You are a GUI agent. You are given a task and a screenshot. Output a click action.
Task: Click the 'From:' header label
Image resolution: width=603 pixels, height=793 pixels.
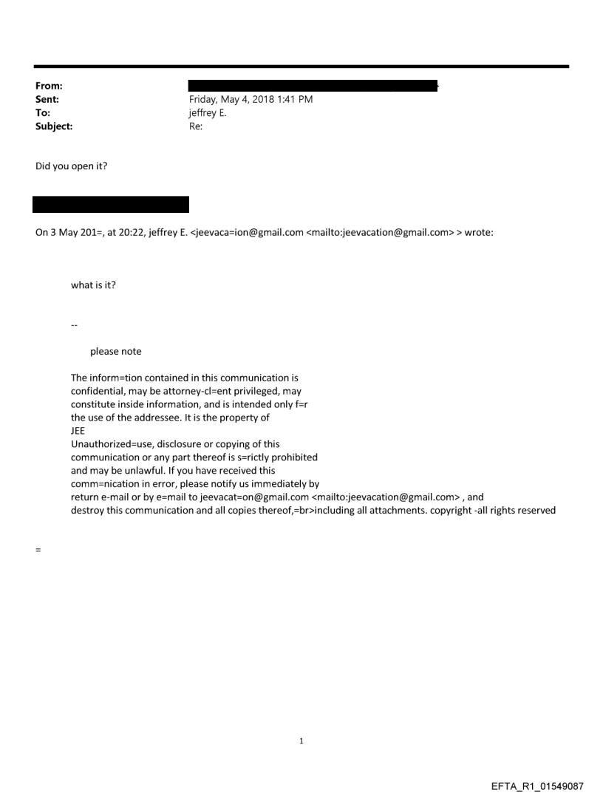tap(48, 86)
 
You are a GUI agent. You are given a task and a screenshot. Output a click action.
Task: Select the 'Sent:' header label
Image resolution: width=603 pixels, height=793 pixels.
tap(47, 99)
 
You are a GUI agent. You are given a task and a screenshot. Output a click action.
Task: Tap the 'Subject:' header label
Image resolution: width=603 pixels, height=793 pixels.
tap(54, 126)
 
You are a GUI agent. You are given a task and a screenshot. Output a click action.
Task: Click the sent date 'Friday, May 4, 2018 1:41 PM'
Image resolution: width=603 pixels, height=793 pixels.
tap(251, 99)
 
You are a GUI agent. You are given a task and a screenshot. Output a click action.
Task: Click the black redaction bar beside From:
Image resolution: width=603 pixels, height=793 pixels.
tap(313, 86)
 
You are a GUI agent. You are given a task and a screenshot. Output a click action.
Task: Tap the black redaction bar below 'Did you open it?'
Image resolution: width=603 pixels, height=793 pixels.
tap(111, 205)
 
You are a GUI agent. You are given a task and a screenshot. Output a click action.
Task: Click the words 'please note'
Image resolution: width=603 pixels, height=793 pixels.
tap(115, 351)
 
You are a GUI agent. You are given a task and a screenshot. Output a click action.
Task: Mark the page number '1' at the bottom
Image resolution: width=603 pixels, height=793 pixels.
tap(301, 741)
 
